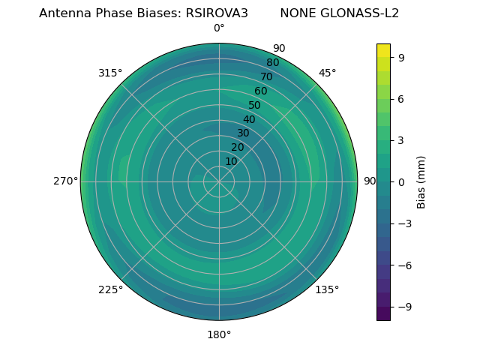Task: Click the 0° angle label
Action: tap(219, 28)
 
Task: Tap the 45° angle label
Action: tap(328, 73)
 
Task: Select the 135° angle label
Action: tap(327, 289)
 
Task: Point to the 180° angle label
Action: tap(219, 334)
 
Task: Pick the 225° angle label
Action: tap(110, 289)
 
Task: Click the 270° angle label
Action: tap(65, 181)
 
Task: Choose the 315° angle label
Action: tap(110, 73)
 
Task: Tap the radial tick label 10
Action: tap(232, 161)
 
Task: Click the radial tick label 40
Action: tap(249, 119)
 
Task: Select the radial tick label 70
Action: tap(266, 76)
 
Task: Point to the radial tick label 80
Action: tap(272, 63)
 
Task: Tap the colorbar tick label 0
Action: tap(402, 181)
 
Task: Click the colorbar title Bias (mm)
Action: tap(421, 181)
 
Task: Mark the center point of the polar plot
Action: tap(219, 181)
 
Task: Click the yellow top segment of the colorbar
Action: tap(383, 50)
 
